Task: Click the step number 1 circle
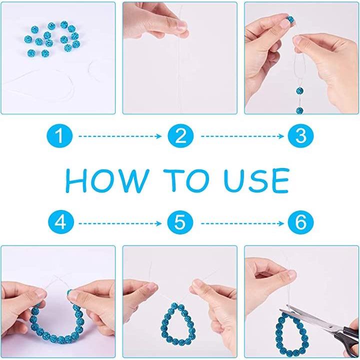[x=59, y=136]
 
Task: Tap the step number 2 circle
[x=180, y=136]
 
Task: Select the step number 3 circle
[x=301, y=136]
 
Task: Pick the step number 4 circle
[x=61, y=222]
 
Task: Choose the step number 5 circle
[x=180, y=222]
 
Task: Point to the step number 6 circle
[x=301, y=222]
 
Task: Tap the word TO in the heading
[x=186, y=180]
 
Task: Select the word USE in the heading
[x=256, y=180]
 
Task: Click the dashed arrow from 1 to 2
[x=120, y=136]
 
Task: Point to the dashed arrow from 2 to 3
[x=242, y=136]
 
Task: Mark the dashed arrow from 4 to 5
[x=120, y=223]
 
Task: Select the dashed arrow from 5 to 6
[x=242, y=223]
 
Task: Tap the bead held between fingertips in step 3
[x=290, y=19]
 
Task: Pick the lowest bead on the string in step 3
[x=299, y=110]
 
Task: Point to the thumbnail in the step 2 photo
[x=182, y=25]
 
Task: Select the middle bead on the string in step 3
[x=299, y=91]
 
